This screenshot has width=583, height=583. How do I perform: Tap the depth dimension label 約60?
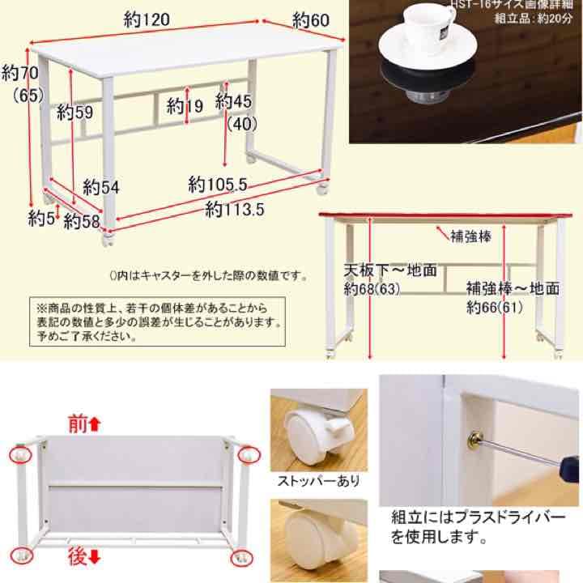coord(310,19)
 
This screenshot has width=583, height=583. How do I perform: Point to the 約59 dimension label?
coord(75,113)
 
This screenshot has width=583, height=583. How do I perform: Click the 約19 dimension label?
coord(185,104)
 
